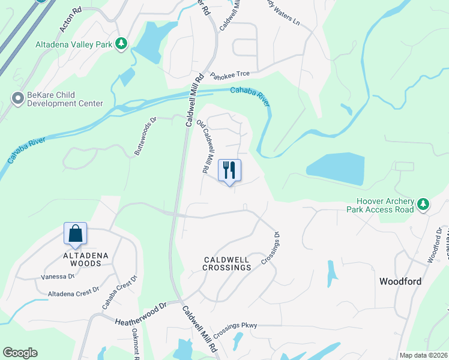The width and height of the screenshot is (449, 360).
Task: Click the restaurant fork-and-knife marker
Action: tap(229, 170)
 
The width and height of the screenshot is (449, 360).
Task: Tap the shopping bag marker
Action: tap(76, 233)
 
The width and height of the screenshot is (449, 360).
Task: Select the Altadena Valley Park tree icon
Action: tap(122, 43)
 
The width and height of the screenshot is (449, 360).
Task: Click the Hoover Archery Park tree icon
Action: tap(424, 205)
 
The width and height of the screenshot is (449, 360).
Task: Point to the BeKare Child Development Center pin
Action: tap(17, 97)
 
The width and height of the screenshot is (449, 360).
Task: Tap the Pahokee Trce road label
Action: tap(229, 75)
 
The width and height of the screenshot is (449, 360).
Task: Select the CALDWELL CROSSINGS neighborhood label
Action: tap(218, 263)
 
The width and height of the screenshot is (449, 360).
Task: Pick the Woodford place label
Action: tap(400, 281)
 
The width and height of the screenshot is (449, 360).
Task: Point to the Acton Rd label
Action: tap(70, 21)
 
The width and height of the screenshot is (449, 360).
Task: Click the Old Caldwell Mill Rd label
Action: tap(206, 147)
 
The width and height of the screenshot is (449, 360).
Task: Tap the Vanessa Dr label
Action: tap(58, 277)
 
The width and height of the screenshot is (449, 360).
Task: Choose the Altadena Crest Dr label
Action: tap(73, 292)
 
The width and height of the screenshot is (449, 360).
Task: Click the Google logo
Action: tap(20, 353)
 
